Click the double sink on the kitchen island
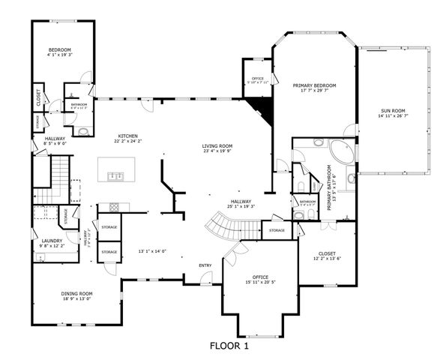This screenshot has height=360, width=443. pyautogui.click(x=116, y=176)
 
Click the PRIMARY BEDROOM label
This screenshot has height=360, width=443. pyautogui.click(x=314, y=85)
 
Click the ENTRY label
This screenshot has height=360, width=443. pyautogui.click(x=205, y=265)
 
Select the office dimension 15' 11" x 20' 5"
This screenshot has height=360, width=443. pyautogui.click(x=260, y=282)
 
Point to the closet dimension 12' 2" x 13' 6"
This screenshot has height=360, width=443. pyautogui.click(x=326, y=259)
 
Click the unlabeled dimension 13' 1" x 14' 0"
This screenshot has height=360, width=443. pyautogui.click(x=152, y=251)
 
